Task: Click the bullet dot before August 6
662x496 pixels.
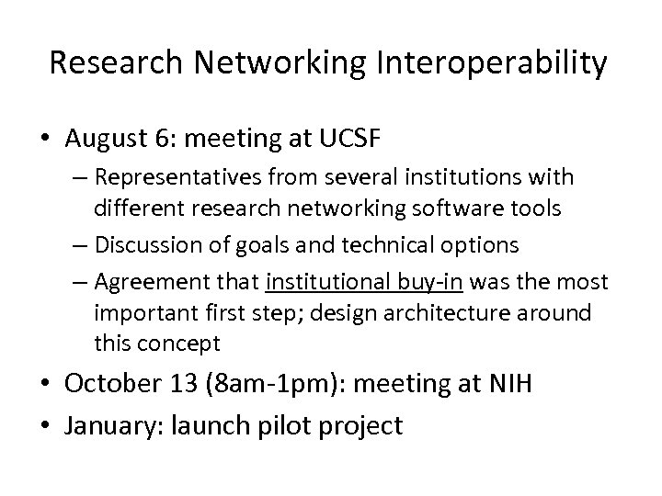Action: click(51, 141)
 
